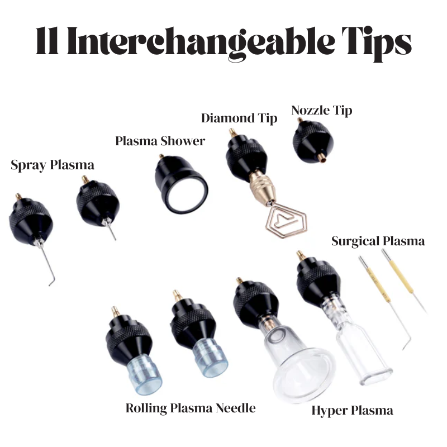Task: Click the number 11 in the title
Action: (x=47, y=40)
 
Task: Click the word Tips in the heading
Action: (x=376, y=44)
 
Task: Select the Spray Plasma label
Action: (x=53, y=165)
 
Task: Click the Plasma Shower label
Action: (x=160, y=141)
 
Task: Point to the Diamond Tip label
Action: (x=239, y=118)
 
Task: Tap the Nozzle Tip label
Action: (x=322, y=110)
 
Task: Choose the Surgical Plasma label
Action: (x=378, y=241)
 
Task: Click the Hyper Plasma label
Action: (x=353, y=411)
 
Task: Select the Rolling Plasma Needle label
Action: (x=191, y=408)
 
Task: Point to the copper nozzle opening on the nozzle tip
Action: (x=322, y=158)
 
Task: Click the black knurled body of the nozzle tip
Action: (x=313, y=142)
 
